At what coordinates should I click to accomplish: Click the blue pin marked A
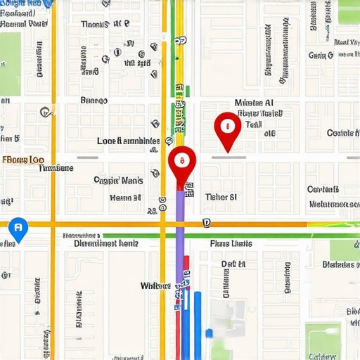(x=18, y=227)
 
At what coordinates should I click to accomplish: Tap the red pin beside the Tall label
(x=226, y=127)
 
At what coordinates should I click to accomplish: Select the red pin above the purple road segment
(x=181, y=163)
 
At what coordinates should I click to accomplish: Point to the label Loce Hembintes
(x=128, y=141)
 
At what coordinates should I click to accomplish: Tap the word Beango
(x=94, y=101)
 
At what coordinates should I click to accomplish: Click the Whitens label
(x=155, y=285)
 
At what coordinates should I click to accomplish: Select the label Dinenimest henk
(x=107, y=243)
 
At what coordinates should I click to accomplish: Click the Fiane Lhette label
(x=231, y=243)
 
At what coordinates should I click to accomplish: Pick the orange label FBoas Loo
(x=24, y=160)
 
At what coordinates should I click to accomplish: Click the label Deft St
(x=233, y=264)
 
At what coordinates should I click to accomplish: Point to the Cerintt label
(x=323, y=189)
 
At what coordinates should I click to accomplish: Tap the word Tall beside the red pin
(x=253, y=124)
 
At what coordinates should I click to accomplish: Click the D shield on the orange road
(x=206, y=224)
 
